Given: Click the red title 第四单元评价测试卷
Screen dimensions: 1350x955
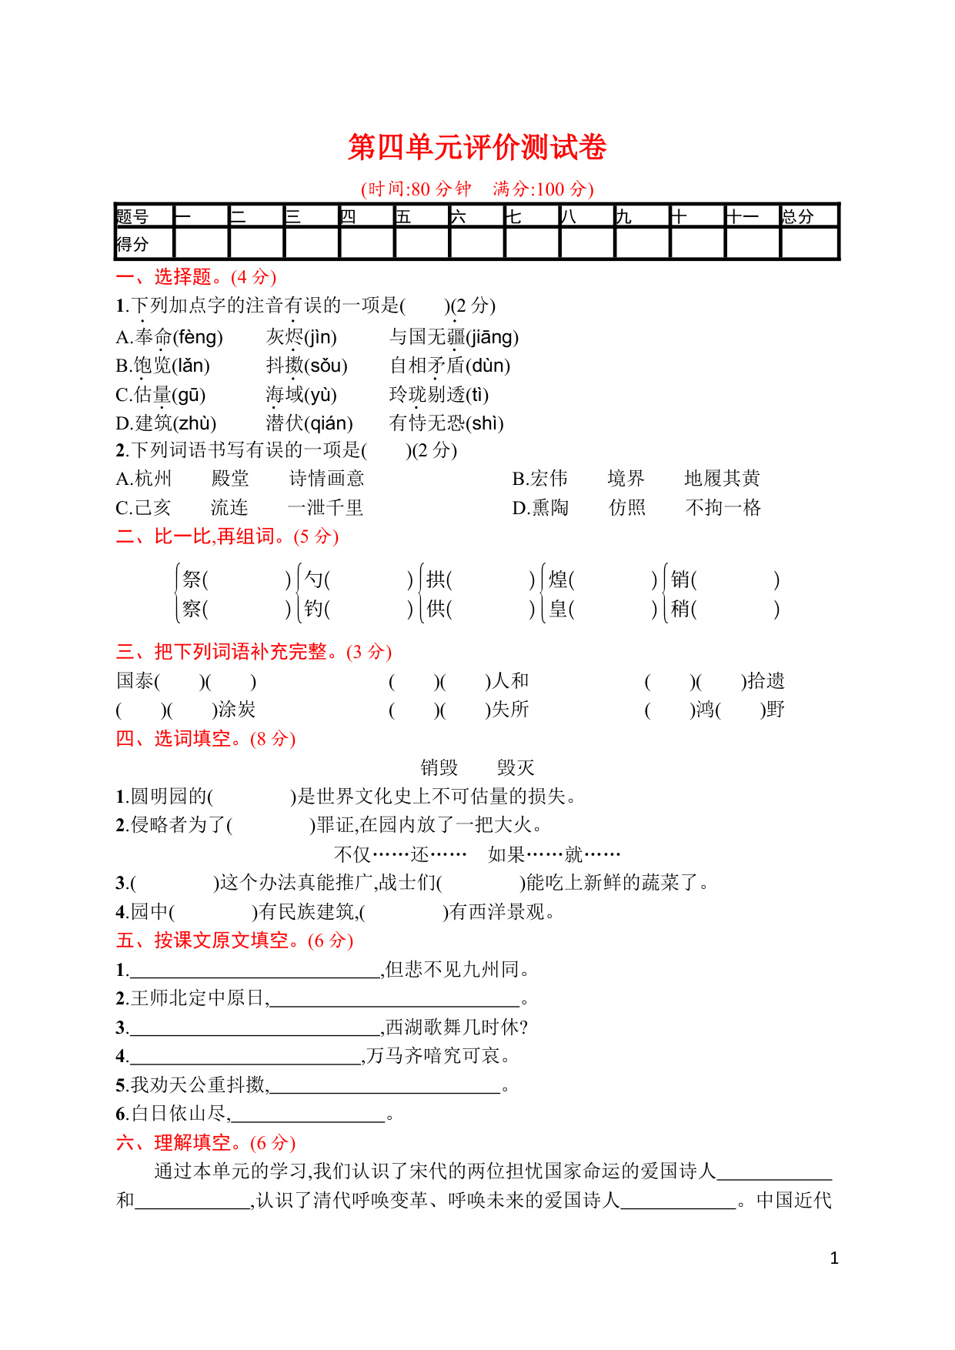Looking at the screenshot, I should (x=477, y=147).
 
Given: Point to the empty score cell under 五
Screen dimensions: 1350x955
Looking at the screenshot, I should (x=422, y=245).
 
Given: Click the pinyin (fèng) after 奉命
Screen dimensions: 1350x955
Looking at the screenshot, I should (x=198, y=337).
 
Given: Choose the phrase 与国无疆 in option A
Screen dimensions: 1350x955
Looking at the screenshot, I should (x=428, y=337).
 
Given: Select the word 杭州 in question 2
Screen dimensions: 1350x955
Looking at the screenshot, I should (x=153, y=479).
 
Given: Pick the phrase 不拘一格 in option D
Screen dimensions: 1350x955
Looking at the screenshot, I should (x=723, y=508).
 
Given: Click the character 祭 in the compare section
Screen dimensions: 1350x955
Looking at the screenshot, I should (x=192, y=580).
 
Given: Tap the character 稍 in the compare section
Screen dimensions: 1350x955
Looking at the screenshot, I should (x=680, y=609).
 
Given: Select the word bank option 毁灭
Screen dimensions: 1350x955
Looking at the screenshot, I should (x=516, y=767).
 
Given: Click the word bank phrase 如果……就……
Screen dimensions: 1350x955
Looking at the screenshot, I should (x=554, y=854).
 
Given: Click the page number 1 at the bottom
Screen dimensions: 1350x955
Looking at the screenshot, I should (x=834, y=1258).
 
